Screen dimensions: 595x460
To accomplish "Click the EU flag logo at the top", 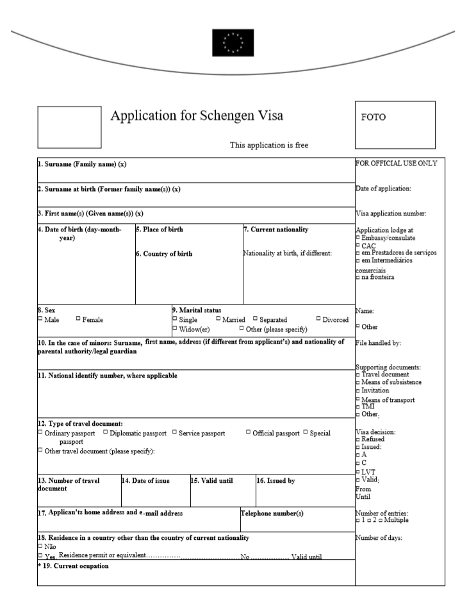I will tap(233, 43).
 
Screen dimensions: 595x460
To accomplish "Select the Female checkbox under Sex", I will tap(78, 319).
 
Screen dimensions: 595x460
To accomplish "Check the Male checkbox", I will tap(40, 319).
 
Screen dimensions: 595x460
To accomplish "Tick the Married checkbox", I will tap(218, 319).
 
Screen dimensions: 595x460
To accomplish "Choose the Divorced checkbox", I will tap(318, 319).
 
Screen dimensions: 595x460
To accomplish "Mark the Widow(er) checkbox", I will tap(175, 328).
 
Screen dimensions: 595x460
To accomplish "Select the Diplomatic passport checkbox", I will tap(106, 433).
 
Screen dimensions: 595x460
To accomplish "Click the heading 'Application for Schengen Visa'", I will tap(197, 116).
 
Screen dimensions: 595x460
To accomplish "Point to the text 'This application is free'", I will tap(268, 145).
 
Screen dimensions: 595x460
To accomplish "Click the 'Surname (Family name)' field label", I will tap(82, 164).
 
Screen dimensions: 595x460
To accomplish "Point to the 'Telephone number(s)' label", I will tap(272, 513).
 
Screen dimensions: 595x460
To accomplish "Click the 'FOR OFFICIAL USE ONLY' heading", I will tap(396, 163).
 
